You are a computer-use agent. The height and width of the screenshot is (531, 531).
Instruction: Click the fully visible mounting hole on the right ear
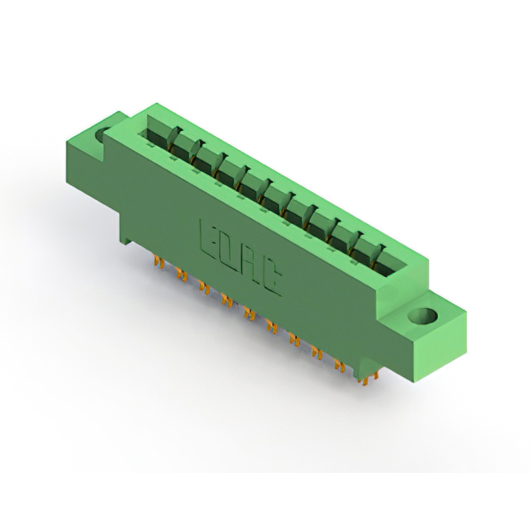coord(422,316)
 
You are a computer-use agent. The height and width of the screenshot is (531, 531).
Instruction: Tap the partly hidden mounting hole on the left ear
coord(100,135)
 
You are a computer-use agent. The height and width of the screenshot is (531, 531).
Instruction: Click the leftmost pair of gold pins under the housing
coord(158,261)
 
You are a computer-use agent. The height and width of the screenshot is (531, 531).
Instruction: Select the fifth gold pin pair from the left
coord(250,313)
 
